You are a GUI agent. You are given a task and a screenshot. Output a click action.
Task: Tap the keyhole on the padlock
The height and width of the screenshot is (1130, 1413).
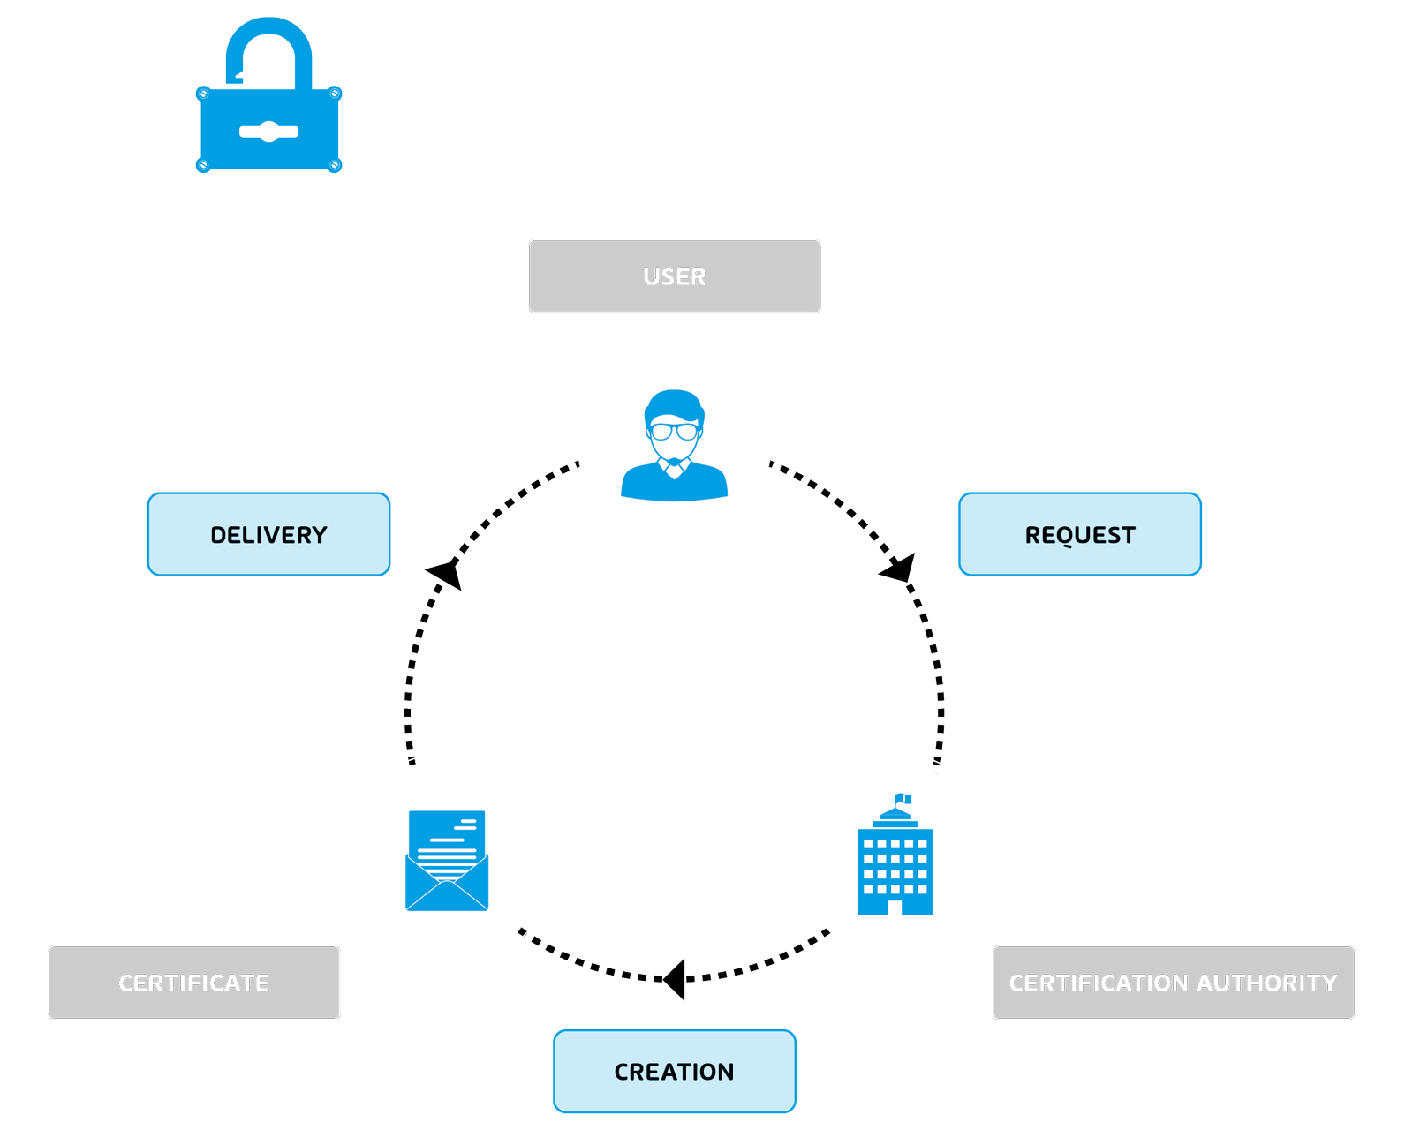[x=268, y=132]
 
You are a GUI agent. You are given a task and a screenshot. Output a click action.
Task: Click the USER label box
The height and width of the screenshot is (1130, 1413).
[x=674, y=276]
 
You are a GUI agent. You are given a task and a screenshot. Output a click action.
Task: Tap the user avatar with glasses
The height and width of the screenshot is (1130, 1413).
[x=674, y=445]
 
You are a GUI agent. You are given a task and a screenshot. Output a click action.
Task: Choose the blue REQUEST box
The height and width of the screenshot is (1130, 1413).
[x=1079, y=535]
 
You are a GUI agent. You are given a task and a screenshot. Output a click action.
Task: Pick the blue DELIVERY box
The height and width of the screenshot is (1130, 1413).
[x=268, y=535]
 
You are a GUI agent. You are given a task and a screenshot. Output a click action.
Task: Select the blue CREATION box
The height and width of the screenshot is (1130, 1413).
[x=674, y=1071]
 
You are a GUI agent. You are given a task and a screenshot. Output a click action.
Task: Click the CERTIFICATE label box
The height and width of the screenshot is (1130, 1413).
[x=193, y=983]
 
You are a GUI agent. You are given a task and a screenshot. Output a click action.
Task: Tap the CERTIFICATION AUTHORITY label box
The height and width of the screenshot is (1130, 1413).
[x=1173, y=983]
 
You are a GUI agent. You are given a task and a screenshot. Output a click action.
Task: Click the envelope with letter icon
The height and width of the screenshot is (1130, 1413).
[x=447, y=861]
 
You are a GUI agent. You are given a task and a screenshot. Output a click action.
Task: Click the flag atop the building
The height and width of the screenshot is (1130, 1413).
[x=903, y=799]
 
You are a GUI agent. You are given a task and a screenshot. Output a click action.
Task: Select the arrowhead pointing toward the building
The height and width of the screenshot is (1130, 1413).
[x=900, y=569]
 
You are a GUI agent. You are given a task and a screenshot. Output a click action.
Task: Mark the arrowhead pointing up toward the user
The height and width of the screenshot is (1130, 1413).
[x=446, y=574]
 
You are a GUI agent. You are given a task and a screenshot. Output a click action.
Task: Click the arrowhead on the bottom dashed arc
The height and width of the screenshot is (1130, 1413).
[x=675, y=978]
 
